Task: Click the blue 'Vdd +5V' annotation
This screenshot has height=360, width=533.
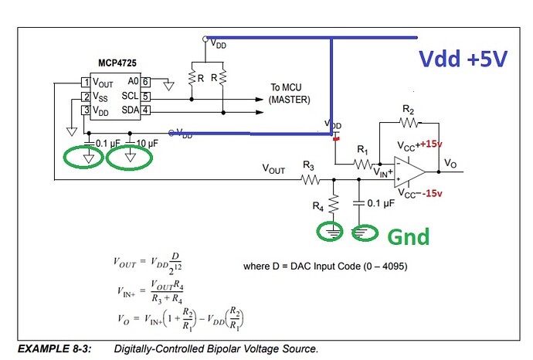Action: pyautogui.click(x=463, y=59)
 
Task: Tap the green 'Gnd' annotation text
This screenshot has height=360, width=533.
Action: pyautogui.click(x=407, y=236)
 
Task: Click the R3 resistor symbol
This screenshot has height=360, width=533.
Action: pyautogui.click(x=310, y=180)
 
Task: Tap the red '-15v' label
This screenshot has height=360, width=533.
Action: pyautogui.click(x=434, y=193)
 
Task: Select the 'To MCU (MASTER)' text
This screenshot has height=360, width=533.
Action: pyautogui.click(x=290, y=93)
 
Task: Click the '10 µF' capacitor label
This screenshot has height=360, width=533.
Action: pyautogui.click(x=147, y=144)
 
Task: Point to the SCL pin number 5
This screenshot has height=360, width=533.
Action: pyautogui.click(x=144, y=97)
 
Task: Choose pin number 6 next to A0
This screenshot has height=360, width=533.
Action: pyautogui.click(x=144, y=81)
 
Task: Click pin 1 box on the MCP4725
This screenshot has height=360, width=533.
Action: pyautogui.click(x=87, y=81)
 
